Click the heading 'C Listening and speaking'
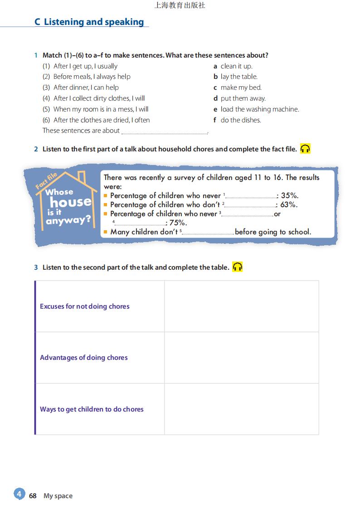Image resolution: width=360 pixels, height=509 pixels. point(89,22)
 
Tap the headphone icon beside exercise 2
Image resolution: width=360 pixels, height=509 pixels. point(305,149)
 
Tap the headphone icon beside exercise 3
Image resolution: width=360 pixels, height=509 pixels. point(238,267)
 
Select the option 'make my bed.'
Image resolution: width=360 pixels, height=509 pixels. point(240,87)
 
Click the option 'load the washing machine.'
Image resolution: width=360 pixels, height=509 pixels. point(259,109)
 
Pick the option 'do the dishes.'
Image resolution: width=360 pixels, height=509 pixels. point(240,120)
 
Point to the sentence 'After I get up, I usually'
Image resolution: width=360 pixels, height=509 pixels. point(85,66)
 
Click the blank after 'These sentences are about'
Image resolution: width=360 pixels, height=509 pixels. point(164,131)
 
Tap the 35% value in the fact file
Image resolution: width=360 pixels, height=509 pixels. point(290,196)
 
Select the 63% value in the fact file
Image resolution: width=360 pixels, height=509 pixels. point(289,205)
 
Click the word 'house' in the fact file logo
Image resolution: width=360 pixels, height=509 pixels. point(70,202)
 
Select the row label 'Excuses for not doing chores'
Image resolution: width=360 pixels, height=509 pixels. point(85,306)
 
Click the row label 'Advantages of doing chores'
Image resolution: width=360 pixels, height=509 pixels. point(84,358)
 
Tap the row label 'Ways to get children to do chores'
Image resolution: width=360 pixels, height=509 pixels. point(92,409)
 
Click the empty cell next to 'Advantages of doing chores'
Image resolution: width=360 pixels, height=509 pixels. point(241,358)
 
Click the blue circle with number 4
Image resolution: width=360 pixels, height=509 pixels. point(19,494)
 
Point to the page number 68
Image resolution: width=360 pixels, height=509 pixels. point(33,496)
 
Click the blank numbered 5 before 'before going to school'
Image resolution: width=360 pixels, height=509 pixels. point(208,233)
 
